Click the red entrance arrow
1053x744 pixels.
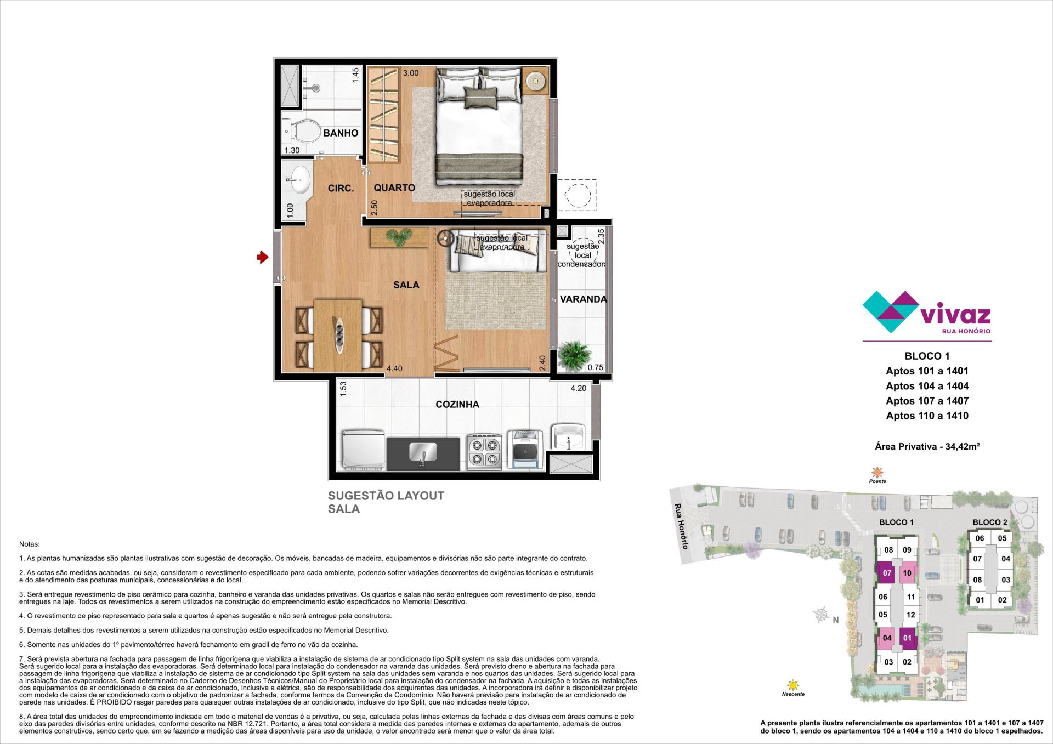tap(262, 257)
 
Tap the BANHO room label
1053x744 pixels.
tap(341, 133)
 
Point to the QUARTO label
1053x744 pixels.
tap(394, 188)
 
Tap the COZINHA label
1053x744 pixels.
tap(457, 405)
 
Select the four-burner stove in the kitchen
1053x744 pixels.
tap(484, 451)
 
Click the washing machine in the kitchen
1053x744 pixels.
tap(525, 450)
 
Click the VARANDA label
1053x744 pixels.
tap(583, 299)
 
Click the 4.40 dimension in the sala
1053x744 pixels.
tap(394, 368)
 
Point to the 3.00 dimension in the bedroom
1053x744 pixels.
tap(411, 73)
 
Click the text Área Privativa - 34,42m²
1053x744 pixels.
tap(927, 446)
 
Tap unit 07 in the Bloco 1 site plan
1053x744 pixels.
tap(887, 573)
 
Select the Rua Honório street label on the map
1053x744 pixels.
tap(681, 526)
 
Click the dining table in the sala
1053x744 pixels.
tap(338, 334)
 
